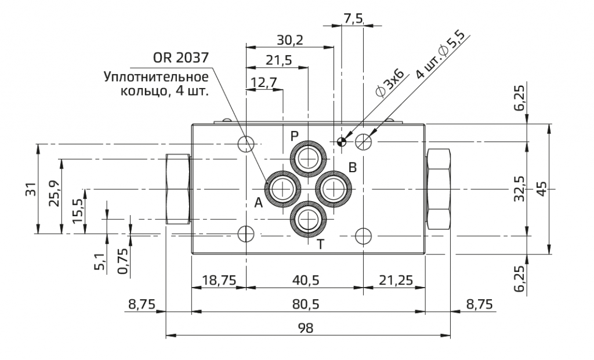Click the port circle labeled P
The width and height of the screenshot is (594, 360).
click(x=308, y=158)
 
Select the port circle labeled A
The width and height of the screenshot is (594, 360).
click(x=282, y=188)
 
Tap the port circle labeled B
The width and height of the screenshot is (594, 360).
click(x=334, y=188)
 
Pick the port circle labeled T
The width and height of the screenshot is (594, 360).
click(x=308, y=219)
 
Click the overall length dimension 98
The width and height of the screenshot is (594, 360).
click(x=305, y=329)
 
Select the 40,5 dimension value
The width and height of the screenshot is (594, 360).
click(x=305, y=280)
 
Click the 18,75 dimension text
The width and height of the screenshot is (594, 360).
click(x=219, y=280)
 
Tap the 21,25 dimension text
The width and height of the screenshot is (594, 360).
click(x=396, y=280)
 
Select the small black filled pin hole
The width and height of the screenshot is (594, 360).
click(x=342, y=141)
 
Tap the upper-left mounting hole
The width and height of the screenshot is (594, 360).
click(x=247, y=143)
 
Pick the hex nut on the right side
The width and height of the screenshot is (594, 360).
click(x=438, y=189)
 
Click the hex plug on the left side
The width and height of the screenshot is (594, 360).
click(x=178, y=189)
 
